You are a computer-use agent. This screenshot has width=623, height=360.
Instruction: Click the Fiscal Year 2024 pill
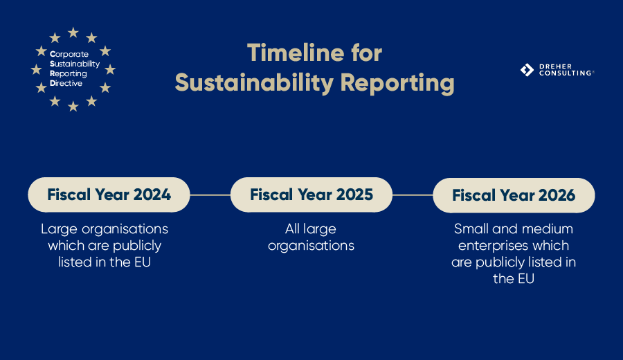point(109,195)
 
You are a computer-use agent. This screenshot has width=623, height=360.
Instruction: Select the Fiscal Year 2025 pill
point(311,195)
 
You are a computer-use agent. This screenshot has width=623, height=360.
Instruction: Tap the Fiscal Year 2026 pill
point(514,195)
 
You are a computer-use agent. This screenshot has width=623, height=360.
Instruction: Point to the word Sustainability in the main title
point(254,82)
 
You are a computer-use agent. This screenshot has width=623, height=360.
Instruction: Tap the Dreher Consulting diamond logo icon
point(527,69)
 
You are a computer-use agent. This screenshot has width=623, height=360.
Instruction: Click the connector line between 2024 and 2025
point(210,195)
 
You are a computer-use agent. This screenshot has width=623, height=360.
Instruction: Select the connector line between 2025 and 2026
point(413,195)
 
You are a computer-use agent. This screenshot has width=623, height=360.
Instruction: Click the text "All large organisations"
point(311,237)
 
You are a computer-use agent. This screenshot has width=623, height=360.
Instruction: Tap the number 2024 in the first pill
point(152,195)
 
